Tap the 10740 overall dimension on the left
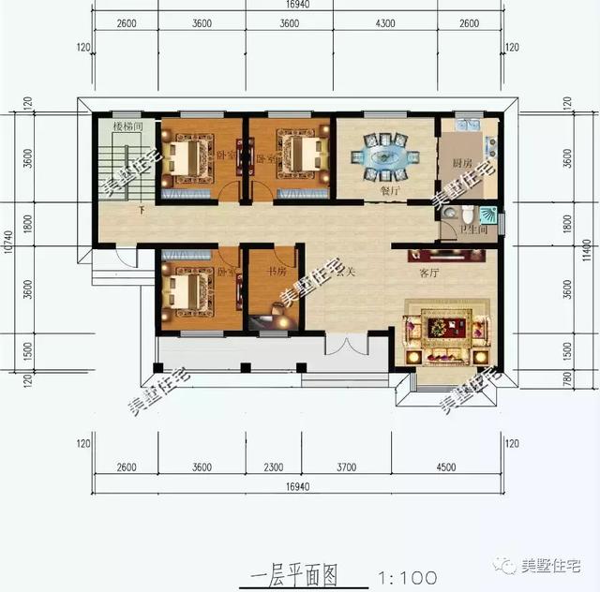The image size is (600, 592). pos(8,245)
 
